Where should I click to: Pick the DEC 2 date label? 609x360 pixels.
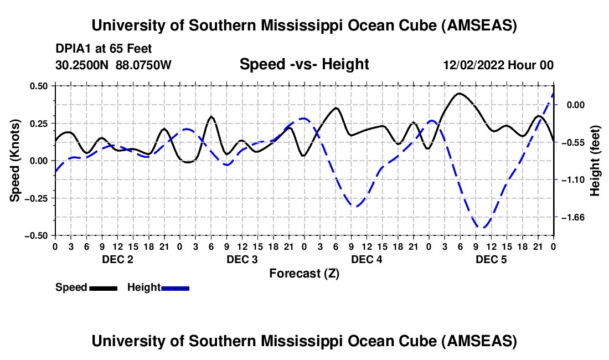[x=117, y=259]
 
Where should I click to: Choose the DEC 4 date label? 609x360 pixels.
[x=367, y=259]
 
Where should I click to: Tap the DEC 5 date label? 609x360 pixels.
[x=491, y=259]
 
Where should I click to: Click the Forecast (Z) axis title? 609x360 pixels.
[x=304, y=273]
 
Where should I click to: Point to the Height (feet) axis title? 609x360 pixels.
[x=595, y=161]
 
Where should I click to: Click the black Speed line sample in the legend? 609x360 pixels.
[x=103, y=287]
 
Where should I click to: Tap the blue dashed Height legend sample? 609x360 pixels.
[x=175, y=287]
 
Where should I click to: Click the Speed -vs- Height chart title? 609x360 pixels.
[x=304, y=64]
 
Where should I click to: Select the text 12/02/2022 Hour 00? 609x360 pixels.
[x=498, y=65]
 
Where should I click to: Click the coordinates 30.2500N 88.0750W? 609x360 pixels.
[x=113, y=65]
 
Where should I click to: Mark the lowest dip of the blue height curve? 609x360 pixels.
[x=483, y=228]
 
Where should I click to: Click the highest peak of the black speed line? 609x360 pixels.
[x=460, y=94]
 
